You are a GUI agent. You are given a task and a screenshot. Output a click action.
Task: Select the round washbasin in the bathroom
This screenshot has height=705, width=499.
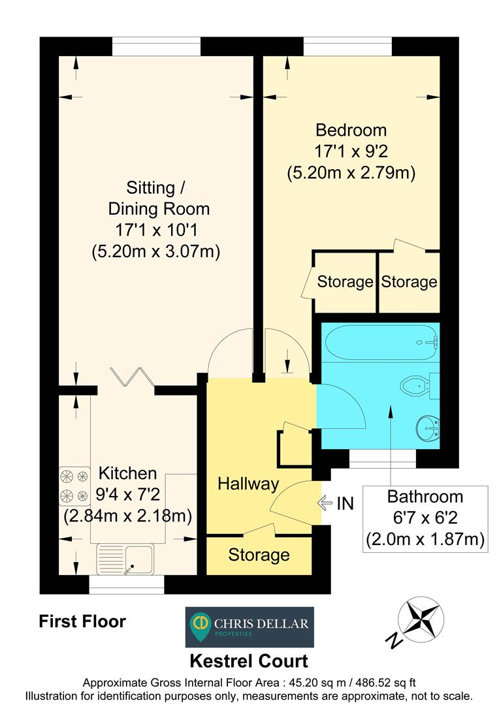[x=427, y=428]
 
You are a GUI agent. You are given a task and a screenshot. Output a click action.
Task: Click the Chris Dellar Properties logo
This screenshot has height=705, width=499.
[x=249, y=627]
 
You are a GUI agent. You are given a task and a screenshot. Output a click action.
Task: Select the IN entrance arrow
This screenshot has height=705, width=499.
[x=325, y=503]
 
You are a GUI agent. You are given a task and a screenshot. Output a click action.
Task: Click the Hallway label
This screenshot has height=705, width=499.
[x=248, y=484]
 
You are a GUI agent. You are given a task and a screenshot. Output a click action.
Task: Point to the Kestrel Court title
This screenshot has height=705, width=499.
[x=249, y=661]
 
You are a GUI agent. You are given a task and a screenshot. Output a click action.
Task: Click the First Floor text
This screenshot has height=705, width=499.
[x=82, y=621]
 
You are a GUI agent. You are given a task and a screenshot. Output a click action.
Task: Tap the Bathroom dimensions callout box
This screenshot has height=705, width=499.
[x=426, y=518]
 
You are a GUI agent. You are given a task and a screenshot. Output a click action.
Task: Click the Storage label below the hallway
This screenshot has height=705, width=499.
[x=259, y=556]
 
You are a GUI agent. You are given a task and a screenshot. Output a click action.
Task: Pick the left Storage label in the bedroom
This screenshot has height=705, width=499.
[x=345, y=282]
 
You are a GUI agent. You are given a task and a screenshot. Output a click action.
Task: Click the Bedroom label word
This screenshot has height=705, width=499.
[x=351, y=129]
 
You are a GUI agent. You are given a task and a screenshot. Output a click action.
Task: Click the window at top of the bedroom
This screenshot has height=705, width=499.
[x=347, y=46]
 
